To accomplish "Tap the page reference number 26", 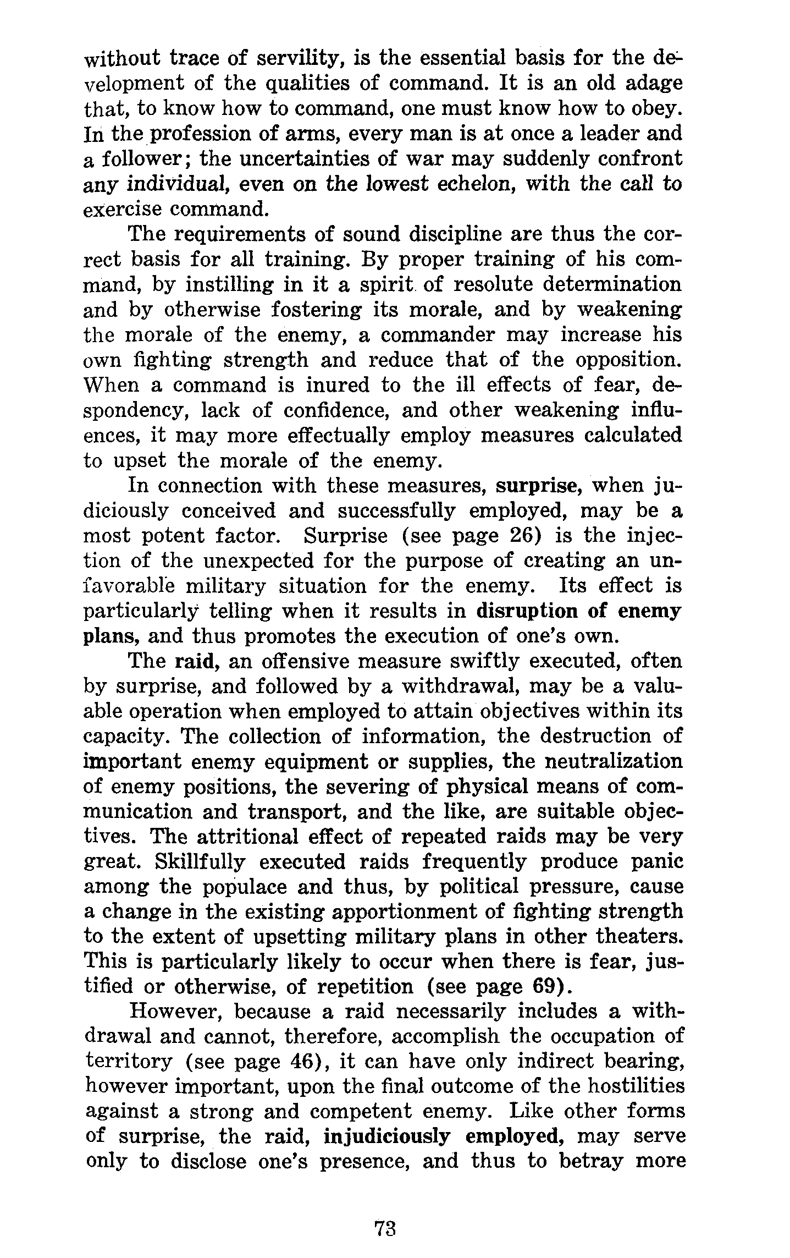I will pyautogui.click(x=521, y=536).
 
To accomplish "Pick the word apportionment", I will pyautogui.click(x=383, y=912).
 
